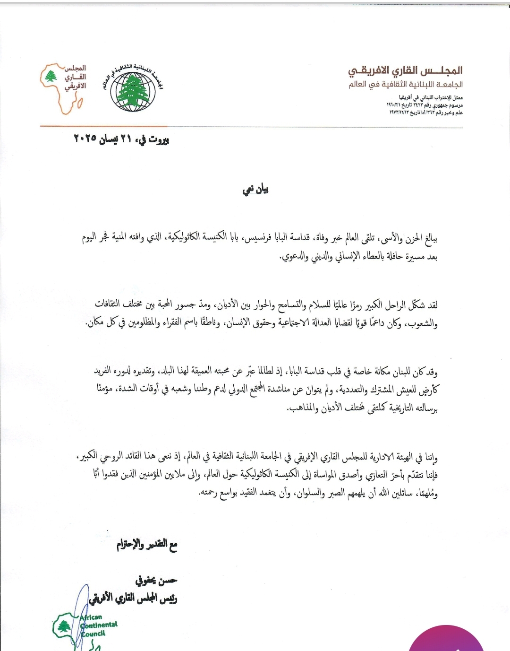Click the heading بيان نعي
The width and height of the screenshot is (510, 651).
[255, 190]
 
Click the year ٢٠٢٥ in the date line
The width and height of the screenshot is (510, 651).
[85, 139]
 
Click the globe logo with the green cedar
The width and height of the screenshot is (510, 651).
[133, 89]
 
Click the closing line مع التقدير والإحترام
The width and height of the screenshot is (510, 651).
[147, 545]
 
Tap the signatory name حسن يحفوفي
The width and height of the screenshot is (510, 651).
[156, 581]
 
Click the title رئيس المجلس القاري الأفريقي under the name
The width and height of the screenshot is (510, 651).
[133, 599]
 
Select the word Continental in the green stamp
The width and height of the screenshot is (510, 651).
[100, 625]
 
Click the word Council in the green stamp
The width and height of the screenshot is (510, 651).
[93, 634]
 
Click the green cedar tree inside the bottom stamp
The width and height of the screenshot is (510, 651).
[64, 626]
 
